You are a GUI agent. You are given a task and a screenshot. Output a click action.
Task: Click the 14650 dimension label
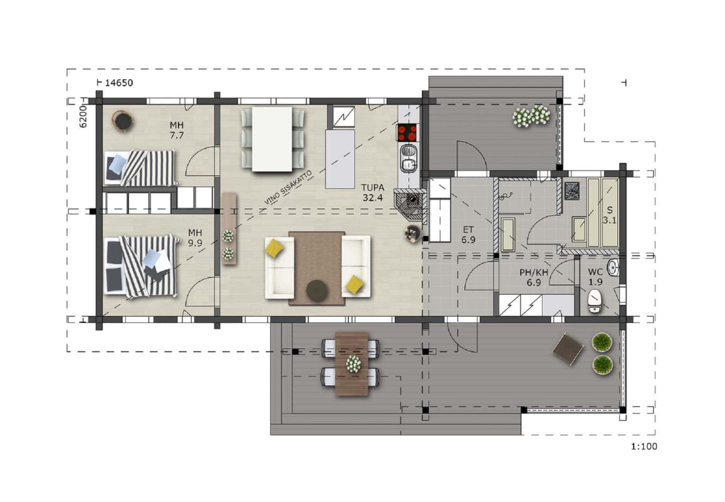point(119,83)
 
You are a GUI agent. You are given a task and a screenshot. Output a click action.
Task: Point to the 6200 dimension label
point(83,116)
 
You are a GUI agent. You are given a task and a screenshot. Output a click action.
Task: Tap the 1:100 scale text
point(644,447)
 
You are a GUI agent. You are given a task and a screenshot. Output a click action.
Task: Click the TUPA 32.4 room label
point(373,193)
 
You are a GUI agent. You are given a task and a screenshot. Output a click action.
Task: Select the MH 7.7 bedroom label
point(177,130)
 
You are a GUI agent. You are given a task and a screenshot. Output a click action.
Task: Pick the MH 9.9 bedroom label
point(195,238)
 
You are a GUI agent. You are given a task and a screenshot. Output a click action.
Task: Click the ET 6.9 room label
point(468,235)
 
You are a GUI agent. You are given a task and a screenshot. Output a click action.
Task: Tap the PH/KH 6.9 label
point(534,277)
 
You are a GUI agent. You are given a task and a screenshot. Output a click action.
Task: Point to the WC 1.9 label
point(596,277)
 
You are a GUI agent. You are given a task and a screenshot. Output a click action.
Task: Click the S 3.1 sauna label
point(610,215)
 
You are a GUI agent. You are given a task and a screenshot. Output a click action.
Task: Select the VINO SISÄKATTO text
point(288,188)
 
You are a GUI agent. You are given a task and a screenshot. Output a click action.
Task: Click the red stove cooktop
point(407,133)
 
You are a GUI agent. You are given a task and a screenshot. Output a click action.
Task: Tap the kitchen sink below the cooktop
point(408,158)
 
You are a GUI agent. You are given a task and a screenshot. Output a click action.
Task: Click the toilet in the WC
point(594,301)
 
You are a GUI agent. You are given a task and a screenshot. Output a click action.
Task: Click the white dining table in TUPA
point(272,139)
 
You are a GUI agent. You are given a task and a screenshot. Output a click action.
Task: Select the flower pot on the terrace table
point(353,364)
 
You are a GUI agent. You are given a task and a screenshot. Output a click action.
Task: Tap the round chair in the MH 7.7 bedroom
point(123,121)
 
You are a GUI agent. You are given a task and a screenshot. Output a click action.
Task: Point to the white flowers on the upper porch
point(531,115)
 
